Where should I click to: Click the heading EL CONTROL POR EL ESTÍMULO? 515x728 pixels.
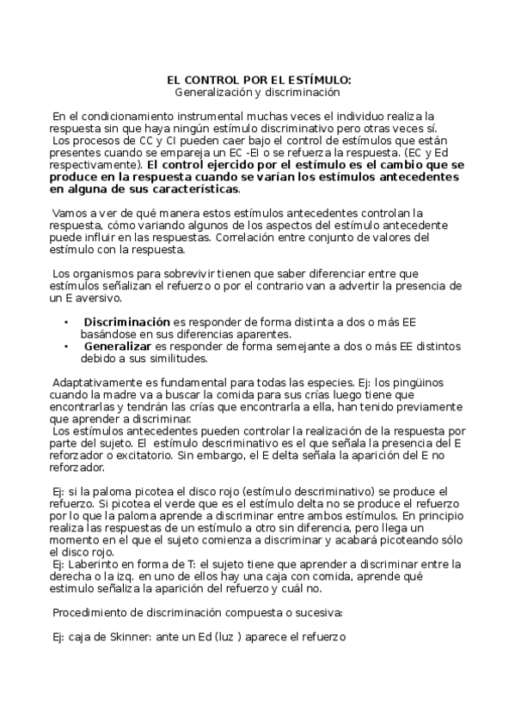click(x=258, y=80)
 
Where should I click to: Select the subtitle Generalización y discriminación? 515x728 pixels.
click(x=258, y=92)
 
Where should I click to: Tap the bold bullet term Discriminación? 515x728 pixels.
click(x=126, y=321)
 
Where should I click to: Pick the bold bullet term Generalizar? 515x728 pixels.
click(x=117, y=345)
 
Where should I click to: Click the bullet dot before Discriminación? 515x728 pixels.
click(x=66, y=321)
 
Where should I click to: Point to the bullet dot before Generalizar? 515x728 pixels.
click(x=66, y=345)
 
